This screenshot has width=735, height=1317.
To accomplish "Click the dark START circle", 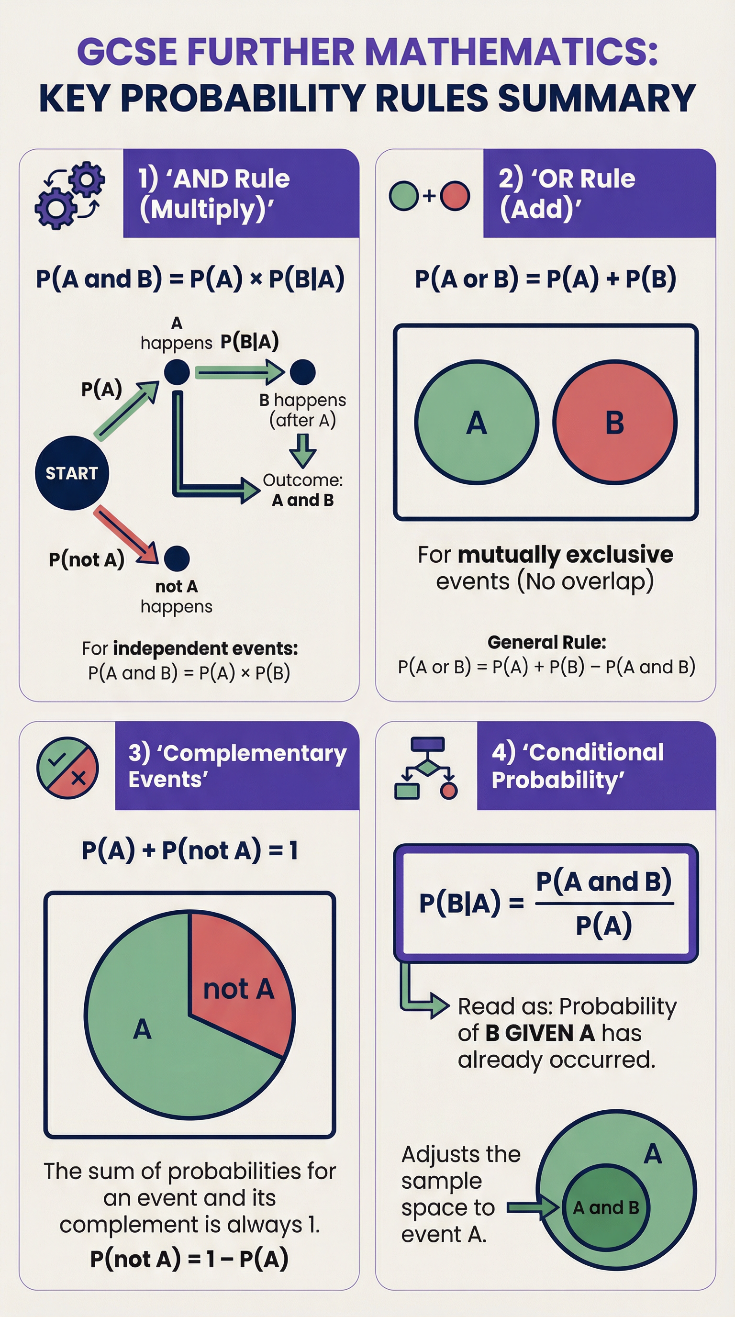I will click(x=72, y=473).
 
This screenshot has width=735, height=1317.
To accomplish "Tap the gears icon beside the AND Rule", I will click(x=69, y=195).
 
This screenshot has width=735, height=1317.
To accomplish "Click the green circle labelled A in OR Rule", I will click(x=477, y=422).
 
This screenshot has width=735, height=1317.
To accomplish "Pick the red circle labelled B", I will click(x=614, y=422).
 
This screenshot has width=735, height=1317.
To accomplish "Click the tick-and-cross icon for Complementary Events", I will click(x=67, y=768).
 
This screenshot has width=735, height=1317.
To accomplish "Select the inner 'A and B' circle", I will click(x=606, y=1207).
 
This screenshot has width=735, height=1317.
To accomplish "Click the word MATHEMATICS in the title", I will click(x=512, y=52).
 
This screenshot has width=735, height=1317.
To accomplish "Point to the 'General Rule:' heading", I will click(x=546, y=642).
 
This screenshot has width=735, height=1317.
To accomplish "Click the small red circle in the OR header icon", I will click(x=455, y=196).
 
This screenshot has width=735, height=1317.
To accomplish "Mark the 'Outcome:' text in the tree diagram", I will click(x=302, y=480).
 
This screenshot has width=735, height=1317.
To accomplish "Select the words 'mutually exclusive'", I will click(x=565, y=554).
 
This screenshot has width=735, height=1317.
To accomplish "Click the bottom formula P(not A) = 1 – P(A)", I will click(x=189, y=1259).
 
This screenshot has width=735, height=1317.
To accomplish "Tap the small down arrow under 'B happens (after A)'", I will click(x=302, y=450).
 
